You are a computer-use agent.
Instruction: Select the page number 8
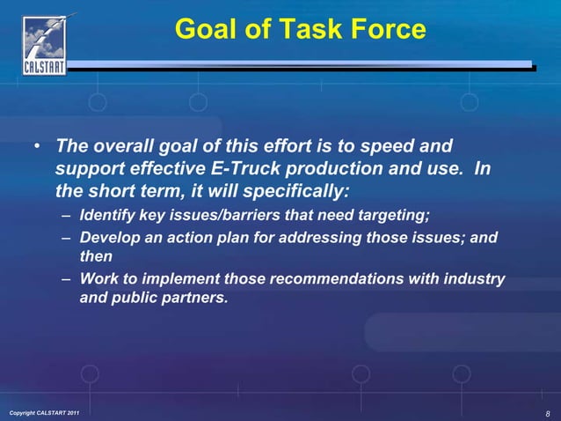pos(547,413)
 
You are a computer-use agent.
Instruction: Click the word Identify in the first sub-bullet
pos(107,215)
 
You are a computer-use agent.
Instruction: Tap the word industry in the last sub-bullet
pos(476,279)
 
